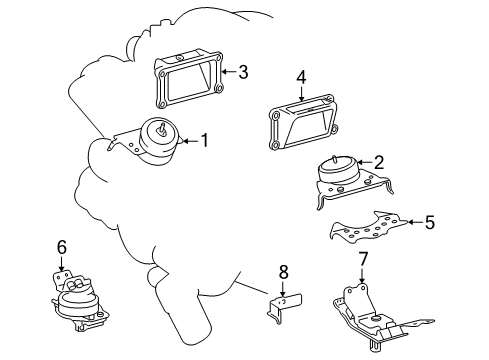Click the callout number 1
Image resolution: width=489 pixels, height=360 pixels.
coord(205,141)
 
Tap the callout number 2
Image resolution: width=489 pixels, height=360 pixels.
coord(379,162)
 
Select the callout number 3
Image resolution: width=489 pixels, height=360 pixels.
coord(243,72)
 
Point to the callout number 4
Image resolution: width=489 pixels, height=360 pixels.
coord(300,77)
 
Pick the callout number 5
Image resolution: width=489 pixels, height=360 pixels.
coord(429,224)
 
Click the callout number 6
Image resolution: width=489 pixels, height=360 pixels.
coord(61,246)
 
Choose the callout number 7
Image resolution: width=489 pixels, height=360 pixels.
coord(362,260)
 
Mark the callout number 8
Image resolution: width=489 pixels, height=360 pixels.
coord(282,270)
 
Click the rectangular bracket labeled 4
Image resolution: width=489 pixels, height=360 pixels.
coord(303,124)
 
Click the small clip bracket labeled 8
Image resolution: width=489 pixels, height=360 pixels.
coord(282,305)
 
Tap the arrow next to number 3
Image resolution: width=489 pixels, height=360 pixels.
coord(226,72)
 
